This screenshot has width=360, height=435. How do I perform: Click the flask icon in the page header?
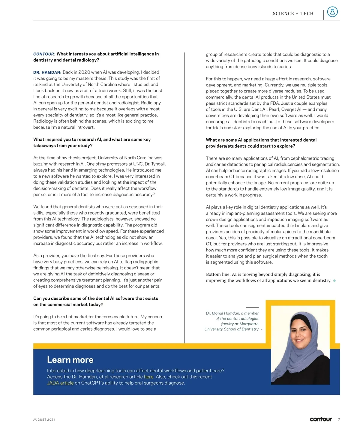332,12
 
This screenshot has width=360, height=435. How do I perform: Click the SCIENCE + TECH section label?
293,13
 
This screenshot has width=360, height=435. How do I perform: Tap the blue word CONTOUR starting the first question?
44,54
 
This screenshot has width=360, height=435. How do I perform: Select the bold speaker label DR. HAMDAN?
47,72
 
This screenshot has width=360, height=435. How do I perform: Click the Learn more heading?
70,360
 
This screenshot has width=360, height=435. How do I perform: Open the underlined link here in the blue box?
148,377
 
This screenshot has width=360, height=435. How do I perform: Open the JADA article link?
60,383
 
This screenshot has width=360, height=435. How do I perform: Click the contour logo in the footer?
321,419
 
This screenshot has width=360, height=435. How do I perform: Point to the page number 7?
339,419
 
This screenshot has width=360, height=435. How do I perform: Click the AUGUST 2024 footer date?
44,420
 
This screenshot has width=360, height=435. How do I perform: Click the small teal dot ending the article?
334,281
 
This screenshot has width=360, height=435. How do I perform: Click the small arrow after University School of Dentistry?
261,329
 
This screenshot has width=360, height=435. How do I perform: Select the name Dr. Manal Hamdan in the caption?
223,313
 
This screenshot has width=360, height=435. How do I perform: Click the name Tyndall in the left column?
158,164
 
